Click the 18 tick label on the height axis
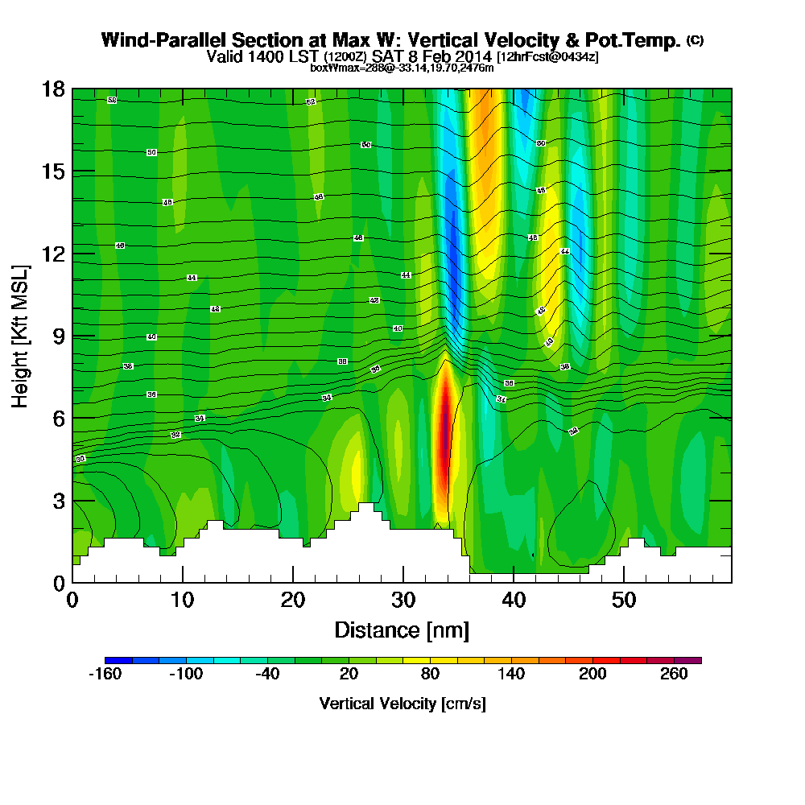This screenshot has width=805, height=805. pyautogui.click(x=53, y=89)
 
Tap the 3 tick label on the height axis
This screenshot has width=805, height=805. pyautogui.click(x=58, y=500)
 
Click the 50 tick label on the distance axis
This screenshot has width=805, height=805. pyautogui.click(x=622, y=600)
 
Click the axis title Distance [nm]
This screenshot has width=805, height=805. pyautogui.click(x=402, y=630)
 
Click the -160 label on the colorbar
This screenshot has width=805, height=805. pyautogui.click(x=104, y=675)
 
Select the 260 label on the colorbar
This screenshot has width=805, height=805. pyautogui.click(x=675, y=675)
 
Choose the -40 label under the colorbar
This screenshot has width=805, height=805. pyautogui.click(x=267, y=675)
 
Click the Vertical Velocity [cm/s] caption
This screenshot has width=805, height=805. pyautogui.click(x=402, y=704)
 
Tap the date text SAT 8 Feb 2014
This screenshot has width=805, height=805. pyautogui.click(x=433, y=56)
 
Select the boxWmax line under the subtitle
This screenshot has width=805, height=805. pyautogui.click(x=402, y=68)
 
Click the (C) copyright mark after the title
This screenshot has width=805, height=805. pyautogui.click(x=695, y=40)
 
